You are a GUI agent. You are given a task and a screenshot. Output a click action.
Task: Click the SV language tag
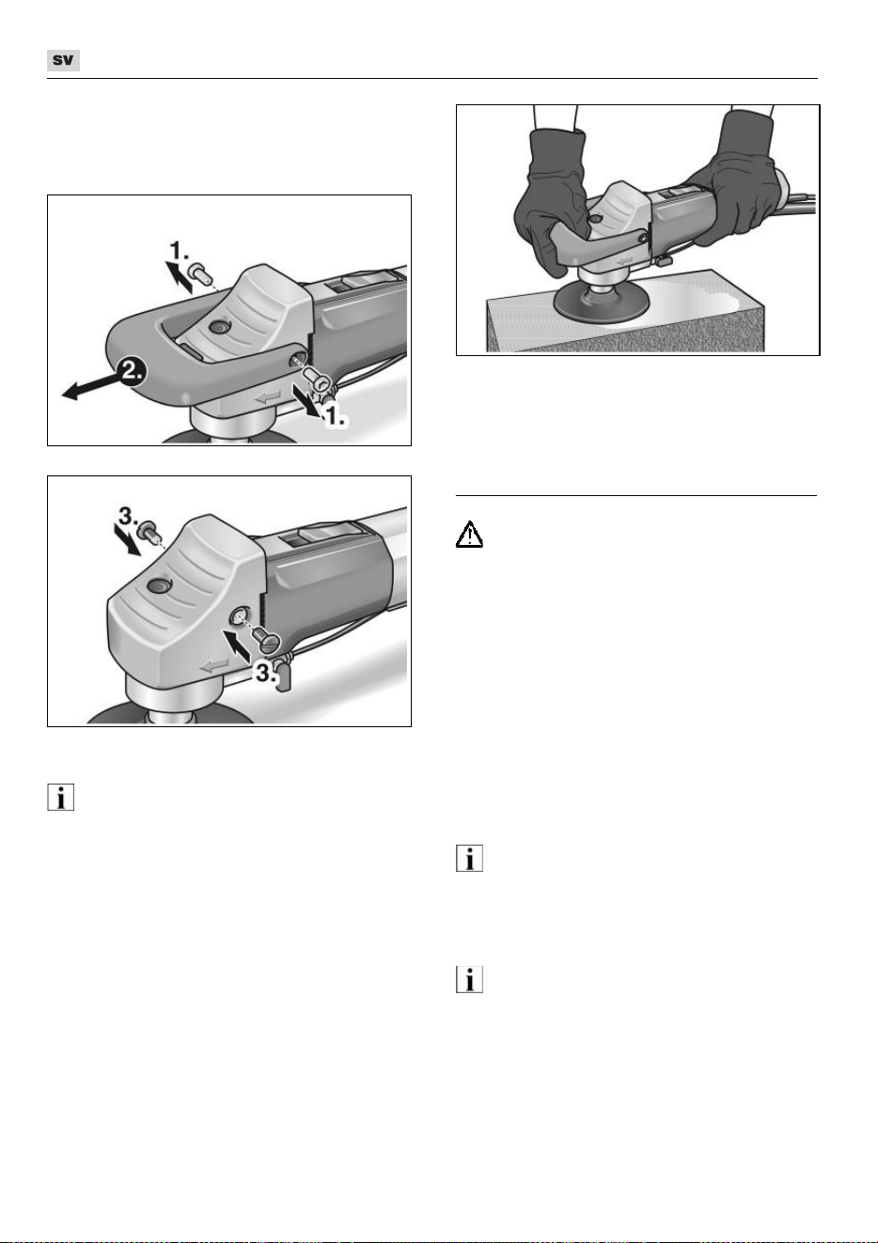(x=63, y=60)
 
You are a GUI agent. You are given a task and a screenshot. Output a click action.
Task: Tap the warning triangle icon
(x=469, y=535)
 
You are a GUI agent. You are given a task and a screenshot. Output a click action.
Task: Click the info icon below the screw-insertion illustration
(x=60, y=798)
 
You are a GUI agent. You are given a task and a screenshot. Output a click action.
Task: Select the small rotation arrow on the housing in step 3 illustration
(x=214, y=665)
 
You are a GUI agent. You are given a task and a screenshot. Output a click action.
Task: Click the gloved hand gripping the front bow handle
(x=550, y=200)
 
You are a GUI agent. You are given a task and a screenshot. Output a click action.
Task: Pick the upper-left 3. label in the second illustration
(x=128, y=516)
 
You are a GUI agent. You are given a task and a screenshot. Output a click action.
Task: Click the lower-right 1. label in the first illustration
(x=335, y=416)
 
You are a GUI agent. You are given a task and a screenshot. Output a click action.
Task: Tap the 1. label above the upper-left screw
(x=179, y=251)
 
